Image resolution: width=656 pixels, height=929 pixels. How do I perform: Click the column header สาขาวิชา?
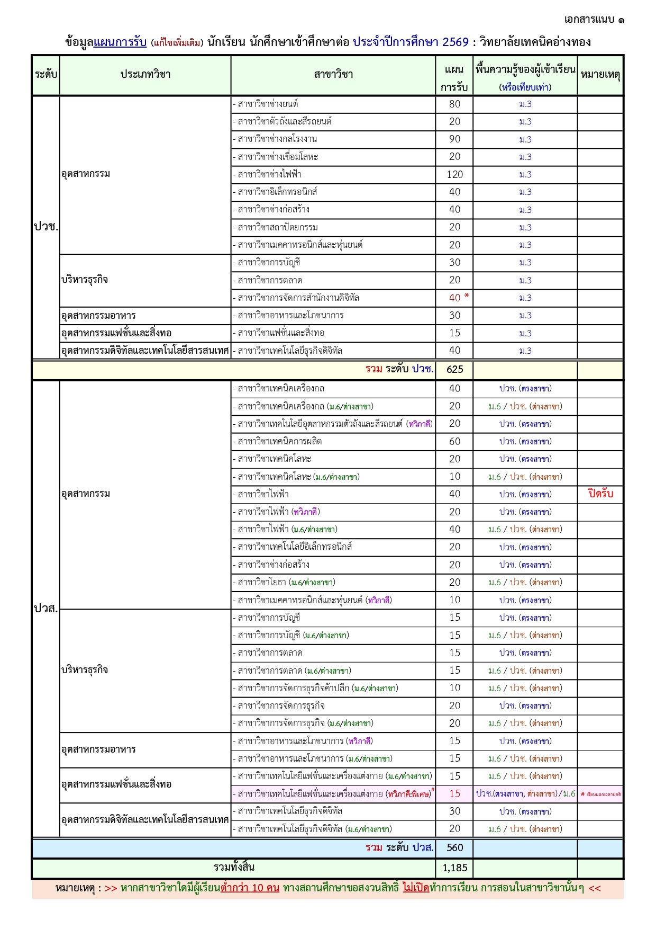coord(333,75)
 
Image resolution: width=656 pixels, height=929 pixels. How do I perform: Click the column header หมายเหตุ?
coord(600,75)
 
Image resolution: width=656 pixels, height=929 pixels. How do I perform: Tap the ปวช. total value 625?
coord(454,370)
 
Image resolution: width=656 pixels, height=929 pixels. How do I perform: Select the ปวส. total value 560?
coord(454,848)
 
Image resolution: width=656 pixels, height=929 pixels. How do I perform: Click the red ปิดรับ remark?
coord(600,494)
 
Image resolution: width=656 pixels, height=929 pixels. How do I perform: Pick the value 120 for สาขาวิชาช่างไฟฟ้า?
coord(454,174)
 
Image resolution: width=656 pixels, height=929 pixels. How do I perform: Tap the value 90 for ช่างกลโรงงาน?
coord(454,139)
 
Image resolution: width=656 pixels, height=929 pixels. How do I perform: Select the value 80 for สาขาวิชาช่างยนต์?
coord(454,104)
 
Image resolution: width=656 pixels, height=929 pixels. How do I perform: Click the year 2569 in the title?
coord(455,42)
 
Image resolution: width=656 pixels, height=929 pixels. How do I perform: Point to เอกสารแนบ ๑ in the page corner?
coord(594,20)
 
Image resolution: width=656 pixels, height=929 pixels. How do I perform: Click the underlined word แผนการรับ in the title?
coord(120,42)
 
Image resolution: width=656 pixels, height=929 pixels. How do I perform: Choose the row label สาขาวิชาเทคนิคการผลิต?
coord(279,441)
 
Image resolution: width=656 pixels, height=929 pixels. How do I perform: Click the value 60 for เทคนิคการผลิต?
coord(454,441)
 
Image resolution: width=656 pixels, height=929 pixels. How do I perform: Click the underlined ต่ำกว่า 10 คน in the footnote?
coord(250,888)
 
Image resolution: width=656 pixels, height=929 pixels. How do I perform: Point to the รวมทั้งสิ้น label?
coord(234,868)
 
